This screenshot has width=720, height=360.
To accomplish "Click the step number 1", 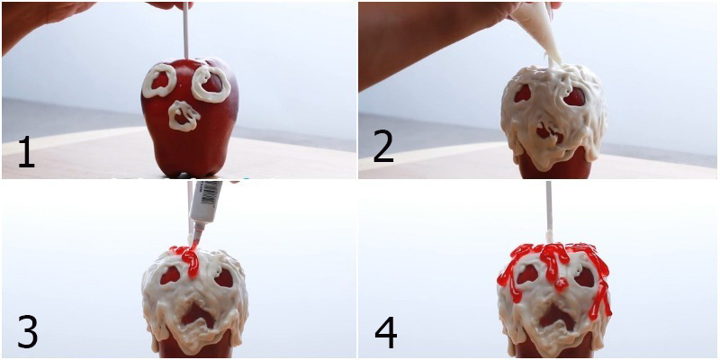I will pyautogui.click(x=26, y=151).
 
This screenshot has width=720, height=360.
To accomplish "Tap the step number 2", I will pyautogui.click(x=383, y=147).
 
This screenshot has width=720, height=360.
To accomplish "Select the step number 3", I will pyautogui.click(x=27, y=331).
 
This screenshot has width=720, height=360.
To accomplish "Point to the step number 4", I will pyautogui.click(x=385, y=332).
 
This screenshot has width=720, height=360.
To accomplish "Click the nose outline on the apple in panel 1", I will pyautogui.click(x=184, y=115).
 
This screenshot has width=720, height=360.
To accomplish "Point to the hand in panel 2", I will pyautogui.click(x=414, y=36).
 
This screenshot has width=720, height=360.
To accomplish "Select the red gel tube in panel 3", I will pyautogui.click(x=206, y=202).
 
